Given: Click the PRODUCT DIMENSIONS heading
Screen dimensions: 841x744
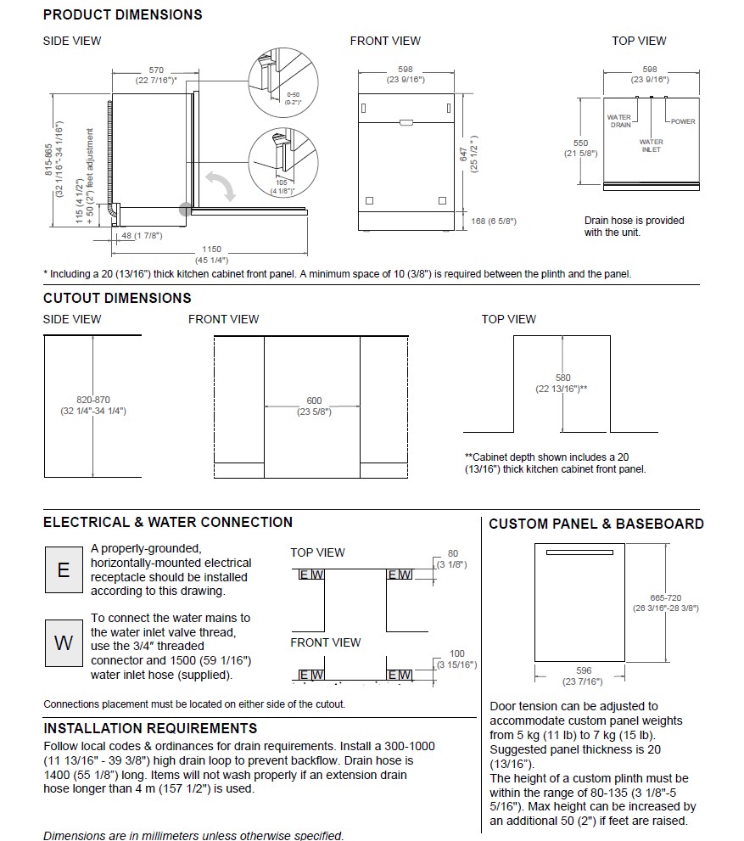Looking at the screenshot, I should tap(122, 14).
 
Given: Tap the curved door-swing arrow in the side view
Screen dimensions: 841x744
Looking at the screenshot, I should tap(218, 185).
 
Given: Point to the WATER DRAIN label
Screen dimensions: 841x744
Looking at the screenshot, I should tap(619, 121).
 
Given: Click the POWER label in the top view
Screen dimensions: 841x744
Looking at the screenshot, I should tap(683, 121).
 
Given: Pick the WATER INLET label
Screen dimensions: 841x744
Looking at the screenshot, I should tap(652, 146).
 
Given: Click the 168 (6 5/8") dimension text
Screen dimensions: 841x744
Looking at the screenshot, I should tap(494, 221).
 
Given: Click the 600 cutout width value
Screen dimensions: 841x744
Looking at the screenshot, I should tap(313, 401).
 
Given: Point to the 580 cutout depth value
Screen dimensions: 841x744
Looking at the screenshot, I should tap(562, 378).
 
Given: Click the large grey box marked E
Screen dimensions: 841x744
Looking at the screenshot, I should tap(64, 569).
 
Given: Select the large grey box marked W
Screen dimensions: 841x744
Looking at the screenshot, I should tap(64, 642).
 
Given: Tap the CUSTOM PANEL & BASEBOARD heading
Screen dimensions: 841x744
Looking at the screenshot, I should tap(596, 524).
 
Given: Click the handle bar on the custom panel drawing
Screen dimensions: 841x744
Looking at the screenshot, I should tap(590, 552).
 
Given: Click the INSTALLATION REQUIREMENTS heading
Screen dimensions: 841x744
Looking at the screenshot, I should tap(150, 728).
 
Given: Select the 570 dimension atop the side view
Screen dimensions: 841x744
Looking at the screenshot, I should tap(156, 70).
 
